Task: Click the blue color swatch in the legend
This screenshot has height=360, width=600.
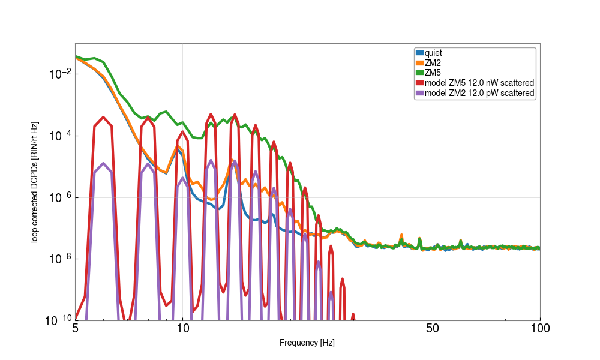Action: tap(419, 53)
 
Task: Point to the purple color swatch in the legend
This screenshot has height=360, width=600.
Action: tap(419, 93)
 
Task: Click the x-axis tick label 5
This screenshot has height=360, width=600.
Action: tap(75, 328)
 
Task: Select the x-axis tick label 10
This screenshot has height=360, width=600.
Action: tap(182, 328)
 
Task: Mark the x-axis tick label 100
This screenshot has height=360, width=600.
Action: tap(539, 328)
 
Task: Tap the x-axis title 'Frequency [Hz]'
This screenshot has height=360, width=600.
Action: tap(307, 343)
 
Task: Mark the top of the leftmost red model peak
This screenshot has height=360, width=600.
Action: tap(104, 117)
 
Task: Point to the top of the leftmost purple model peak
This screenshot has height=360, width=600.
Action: tap(104, 163)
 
